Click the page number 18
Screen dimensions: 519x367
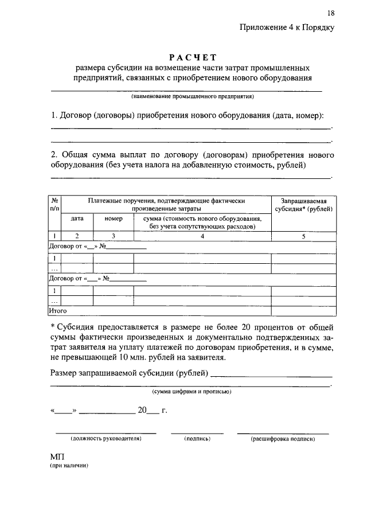[331, 13]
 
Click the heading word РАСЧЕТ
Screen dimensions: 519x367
[192, 57]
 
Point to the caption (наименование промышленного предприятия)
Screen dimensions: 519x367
[192, 96]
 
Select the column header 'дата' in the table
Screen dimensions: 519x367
[77, 218]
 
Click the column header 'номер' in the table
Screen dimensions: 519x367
[114, 218]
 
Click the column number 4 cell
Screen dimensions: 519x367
[202, 236]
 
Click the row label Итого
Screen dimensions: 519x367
[57, 311]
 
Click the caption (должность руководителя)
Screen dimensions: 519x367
[106, 439]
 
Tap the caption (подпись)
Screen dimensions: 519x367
[198, 439]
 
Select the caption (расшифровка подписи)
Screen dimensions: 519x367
[283, 439]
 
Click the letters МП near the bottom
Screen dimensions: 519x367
[57, 456]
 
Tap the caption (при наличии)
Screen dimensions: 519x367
[69, 466]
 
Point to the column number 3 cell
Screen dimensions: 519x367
[114, 236]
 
